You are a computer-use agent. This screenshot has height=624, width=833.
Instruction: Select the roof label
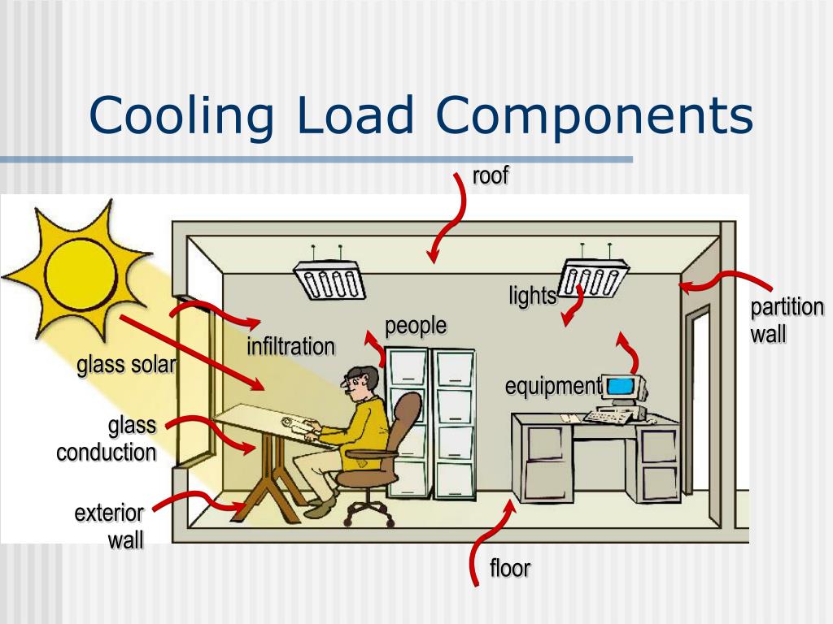coord(491,175)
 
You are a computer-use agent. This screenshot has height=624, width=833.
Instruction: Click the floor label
coord(510,568)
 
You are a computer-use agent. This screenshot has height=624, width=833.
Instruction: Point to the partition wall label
coord(787,320)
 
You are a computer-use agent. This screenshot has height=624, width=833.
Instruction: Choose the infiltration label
coord(290,347)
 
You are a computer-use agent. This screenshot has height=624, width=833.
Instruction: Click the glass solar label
coord(126,366)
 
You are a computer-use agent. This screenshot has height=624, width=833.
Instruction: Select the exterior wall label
coord(109,526)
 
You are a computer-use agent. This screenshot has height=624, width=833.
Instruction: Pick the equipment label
coord(552,386)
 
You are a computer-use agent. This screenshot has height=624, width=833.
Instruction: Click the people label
coord(416,326)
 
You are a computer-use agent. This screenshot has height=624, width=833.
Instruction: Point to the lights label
coord(532,297)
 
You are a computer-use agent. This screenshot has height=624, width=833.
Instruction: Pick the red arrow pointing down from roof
coord(450,215)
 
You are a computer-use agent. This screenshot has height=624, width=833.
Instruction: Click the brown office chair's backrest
coord(408,418)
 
